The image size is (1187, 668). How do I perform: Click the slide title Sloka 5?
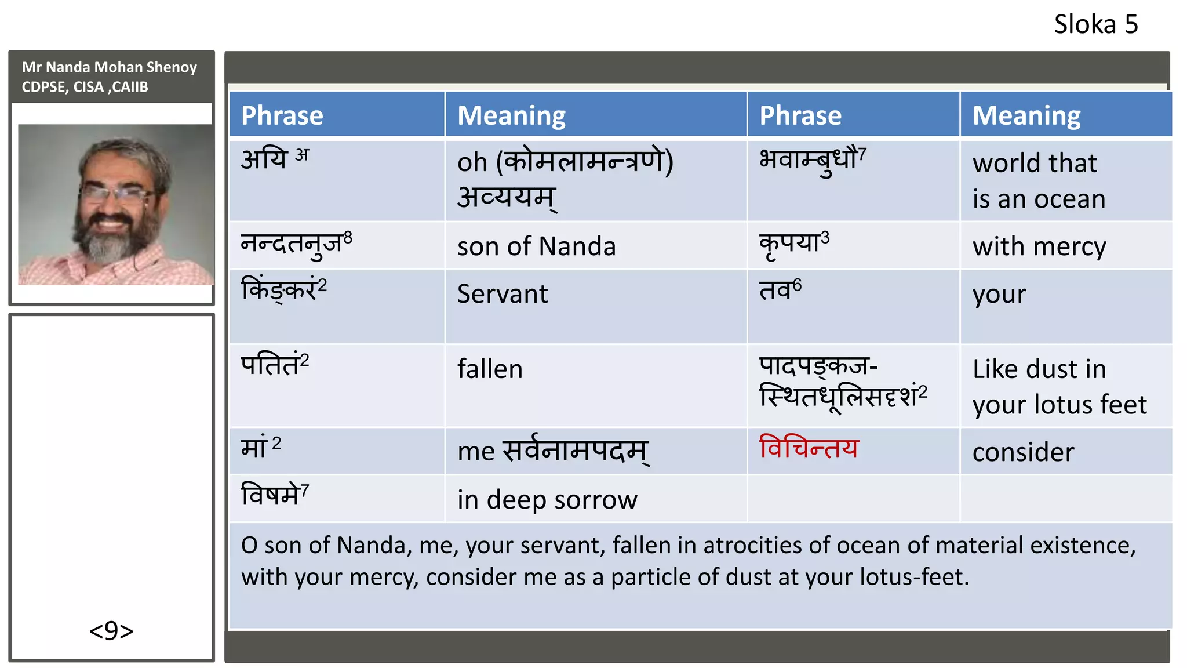click(x=1095, y=25)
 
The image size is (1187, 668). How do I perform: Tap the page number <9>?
click(x=111, y=630)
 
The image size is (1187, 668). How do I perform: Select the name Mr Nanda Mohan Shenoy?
click(x=110, y=67)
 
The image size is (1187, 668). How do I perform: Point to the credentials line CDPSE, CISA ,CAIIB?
click(x=85, y=87)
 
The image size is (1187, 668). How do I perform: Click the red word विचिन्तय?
click(x=809, y=448)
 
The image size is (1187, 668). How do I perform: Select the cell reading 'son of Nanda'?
click(x=536, y=246)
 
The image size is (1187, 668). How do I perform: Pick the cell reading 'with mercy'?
click(x=1039, y=247)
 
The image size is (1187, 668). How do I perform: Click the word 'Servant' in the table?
click(x=503, y=294)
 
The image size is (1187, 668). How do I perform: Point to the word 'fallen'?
click(x=490, y=369)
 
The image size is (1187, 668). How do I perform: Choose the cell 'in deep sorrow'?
click(x=547, y=500)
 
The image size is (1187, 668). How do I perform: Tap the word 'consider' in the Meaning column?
click(x=1023, y=452)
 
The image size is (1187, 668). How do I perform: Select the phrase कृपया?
click(x=790, y=244)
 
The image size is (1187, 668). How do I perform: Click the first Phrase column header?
click(x=282, y=115)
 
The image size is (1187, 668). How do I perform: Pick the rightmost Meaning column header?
click(x=1026, y=115)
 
